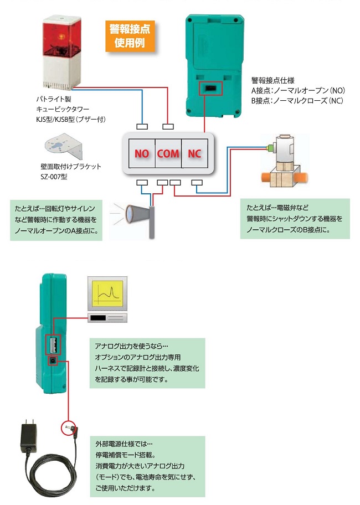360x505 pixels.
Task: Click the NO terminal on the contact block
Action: click(x=142, y=153)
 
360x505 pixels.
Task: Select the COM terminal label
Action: click(x=168, y=153)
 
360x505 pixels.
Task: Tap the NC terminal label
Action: click(x=194, y=153)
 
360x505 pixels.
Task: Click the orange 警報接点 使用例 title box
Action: click(x=129, y=35)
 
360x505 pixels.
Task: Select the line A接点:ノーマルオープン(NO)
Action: click(x=298, y=90)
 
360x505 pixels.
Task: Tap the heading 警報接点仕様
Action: click(x=272, y=79)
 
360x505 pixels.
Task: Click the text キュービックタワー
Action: click(x=61, y=109)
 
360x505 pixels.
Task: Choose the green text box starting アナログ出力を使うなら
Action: click(x=146, y=362)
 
